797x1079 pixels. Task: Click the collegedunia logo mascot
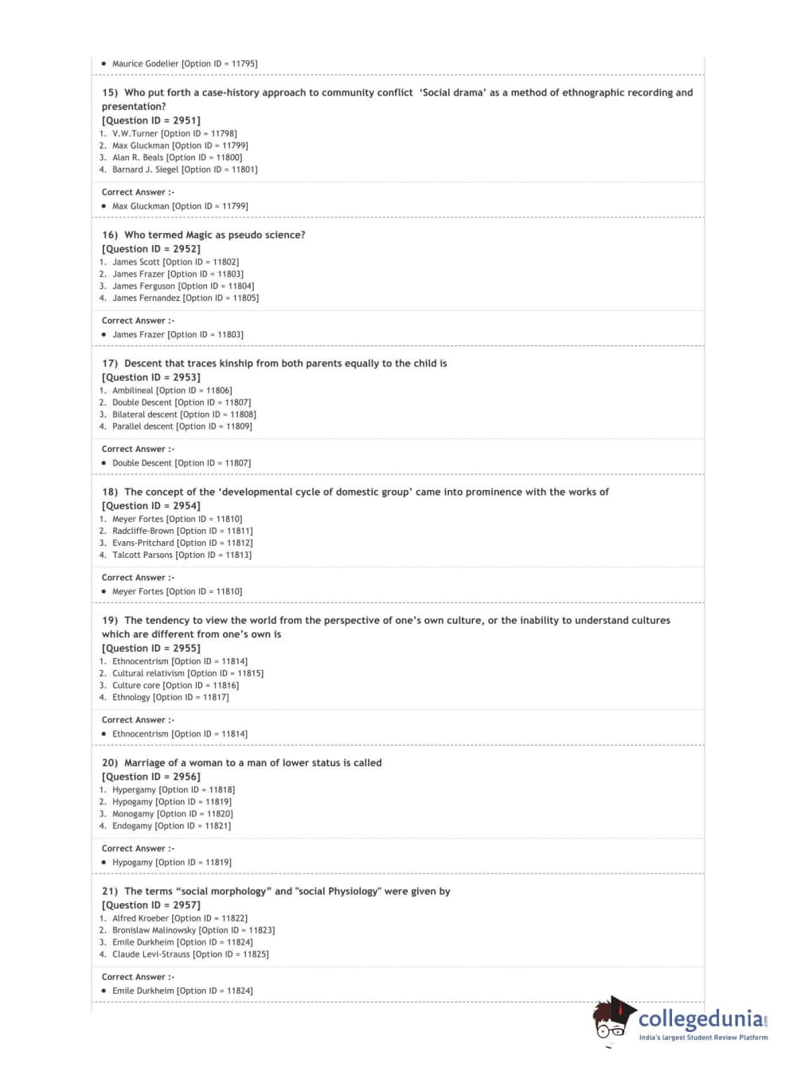coord(613,1019)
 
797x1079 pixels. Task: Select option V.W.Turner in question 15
coord(174,134)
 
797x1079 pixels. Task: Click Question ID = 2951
coord(151,120)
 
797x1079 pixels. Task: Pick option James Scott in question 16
coord(175,262)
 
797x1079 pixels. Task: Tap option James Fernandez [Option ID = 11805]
coord(185,298)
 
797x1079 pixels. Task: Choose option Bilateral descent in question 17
coord(184,415)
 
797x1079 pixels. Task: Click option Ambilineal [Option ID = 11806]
coord(172,391)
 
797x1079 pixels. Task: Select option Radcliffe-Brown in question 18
coord(182,531)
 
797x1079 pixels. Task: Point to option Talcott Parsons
coord(182,555)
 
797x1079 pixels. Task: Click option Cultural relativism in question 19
coord(187,673)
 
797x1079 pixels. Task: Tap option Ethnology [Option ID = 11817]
coord(170,698)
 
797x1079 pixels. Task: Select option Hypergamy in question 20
coord(174,790)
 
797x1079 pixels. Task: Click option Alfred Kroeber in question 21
coord(180,918)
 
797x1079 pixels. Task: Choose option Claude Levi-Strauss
coord(190,954)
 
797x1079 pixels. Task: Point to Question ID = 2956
coord(151,777)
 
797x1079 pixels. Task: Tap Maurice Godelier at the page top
coord(185,64)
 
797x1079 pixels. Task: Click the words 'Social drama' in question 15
coord(453,92)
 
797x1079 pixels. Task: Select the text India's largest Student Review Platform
coord(703,1038)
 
